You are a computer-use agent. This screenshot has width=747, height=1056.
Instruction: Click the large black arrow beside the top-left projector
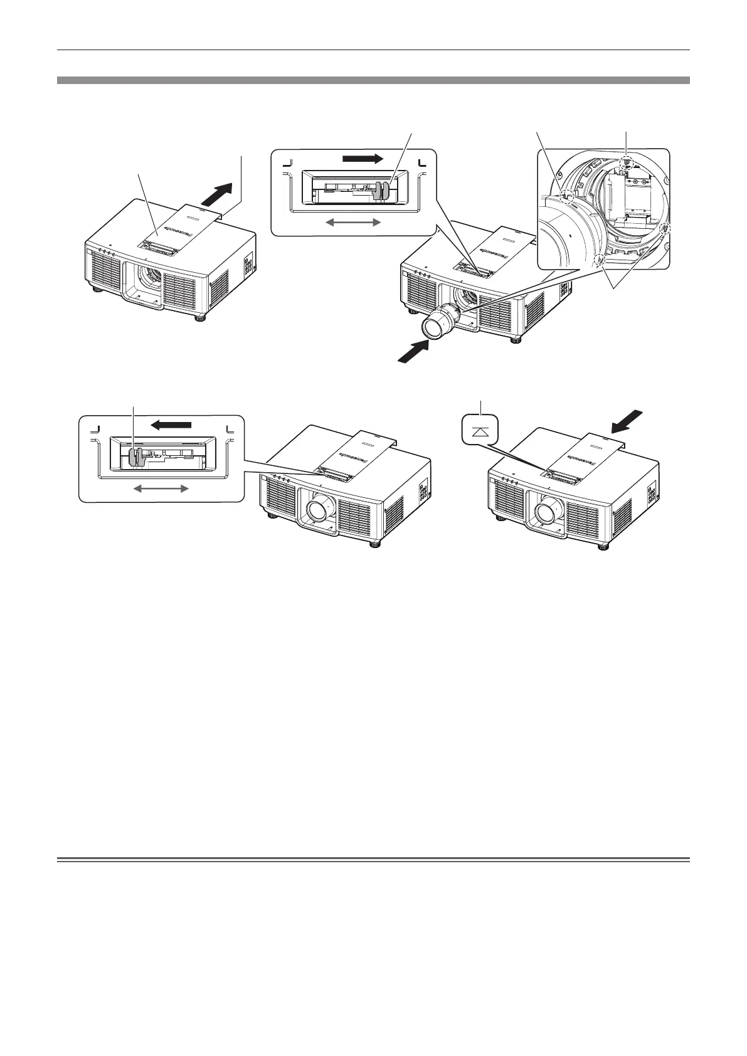tap(217, 191)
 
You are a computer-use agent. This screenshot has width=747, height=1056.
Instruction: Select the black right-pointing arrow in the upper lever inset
tap(362, 159)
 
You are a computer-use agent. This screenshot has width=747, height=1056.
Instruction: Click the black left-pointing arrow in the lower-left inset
tap(171, 425)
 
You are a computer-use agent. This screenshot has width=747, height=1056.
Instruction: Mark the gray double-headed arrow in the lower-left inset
tap(162, 488)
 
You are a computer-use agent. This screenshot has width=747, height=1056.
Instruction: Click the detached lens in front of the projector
tap(438, 322)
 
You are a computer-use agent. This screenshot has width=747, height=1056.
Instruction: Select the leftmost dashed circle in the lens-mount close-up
tap(567, 196)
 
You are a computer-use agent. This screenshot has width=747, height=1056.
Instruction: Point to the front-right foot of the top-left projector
tap(200, 317)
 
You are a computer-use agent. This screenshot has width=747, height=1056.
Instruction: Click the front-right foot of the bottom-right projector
tap(603, 546)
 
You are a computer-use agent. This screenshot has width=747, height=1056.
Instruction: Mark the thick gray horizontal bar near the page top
tap(373, 80)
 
